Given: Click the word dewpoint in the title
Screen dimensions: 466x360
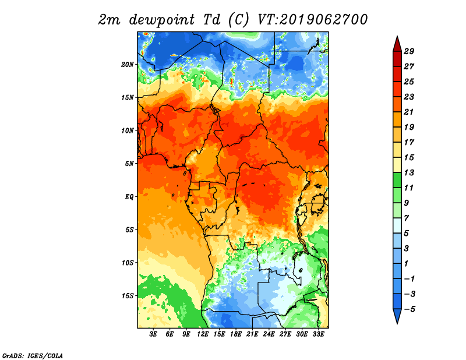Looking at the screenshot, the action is tap(162, 20).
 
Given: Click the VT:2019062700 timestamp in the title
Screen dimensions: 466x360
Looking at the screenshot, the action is tap(313, 20).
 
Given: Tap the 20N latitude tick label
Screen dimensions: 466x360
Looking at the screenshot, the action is tap(128, 65).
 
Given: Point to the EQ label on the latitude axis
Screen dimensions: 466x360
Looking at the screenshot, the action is tap(129, 197).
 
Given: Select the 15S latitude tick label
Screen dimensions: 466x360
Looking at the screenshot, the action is tap(128, 296).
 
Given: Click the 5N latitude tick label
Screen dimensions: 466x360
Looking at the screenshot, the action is tap(129, 164).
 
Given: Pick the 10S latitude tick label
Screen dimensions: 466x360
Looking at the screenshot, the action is tap(128, 263).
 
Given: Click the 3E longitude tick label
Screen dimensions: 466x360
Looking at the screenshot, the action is tap(153, 334).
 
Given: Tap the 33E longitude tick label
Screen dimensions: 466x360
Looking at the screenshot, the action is tap(318, 334).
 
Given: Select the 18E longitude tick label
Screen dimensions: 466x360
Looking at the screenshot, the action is tap(236, 334).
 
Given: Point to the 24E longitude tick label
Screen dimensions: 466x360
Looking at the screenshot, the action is tap(269, 334).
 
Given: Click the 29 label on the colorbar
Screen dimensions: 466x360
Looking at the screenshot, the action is tap(409, 51).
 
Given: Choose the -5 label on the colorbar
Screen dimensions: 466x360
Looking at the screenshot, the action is tap(409, 309).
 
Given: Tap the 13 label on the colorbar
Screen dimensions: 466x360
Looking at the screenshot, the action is tap(409, 172).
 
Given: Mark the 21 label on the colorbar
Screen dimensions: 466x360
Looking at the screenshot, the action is tap(409, 112).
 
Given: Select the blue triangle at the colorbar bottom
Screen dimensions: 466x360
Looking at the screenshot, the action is tap(397, 315).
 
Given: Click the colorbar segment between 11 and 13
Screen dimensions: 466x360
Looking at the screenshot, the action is tap(397, 181).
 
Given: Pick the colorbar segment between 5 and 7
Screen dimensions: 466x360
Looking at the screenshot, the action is tap(397, 226).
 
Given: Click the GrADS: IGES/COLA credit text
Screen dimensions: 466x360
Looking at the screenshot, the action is tap(33, 356).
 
